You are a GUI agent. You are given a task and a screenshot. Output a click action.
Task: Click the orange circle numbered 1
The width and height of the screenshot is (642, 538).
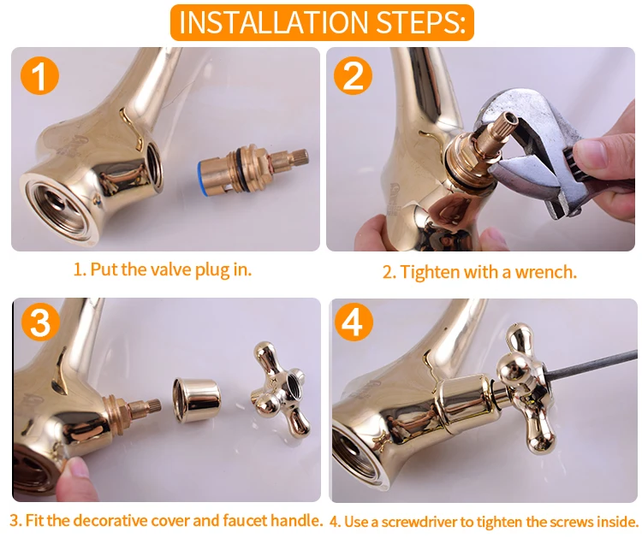[x=39, y=76]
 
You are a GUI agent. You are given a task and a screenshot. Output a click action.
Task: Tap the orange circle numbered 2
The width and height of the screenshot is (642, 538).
[x=353, y=75]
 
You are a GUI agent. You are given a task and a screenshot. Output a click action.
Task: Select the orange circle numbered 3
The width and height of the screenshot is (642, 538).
[x=40, y=322]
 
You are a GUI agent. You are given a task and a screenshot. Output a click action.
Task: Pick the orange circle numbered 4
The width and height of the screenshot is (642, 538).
[x=354, y=322]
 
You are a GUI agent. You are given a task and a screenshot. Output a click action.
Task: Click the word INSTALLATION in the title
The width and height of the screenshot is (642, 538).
[x=274, y=22]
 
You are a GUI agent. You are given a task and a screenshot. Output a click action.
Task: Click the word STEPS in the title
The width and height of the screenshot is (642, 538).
[x=421, y=22]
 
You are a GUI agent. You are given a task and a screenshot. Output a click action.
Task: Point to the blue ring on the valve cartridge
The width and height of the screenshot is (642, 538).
[x=200, y=174]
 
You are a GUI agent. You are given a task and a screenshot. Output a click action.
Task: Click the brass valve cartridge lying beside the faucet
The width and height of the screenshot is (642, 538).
[x=252, y=170]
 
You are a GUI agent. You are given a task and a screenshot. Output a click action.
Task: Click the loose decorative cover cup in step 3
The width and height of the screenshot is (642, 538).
[x=197, y=400]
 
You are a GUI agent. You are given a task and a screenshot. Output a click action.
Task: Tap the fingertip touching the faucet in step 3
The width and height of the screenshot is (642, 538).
[x=75, y=470]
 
